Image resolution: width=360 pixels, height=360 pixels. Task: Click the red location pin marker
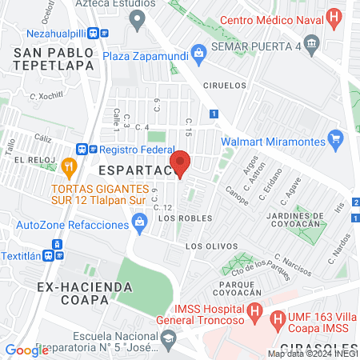tap(181, 163)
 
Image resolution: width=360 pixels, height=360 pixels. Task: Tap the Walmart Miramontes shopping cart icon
tap(336, 141)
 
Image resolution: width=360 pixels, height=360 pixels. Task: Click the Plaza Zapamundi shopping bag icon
tap(198, 50)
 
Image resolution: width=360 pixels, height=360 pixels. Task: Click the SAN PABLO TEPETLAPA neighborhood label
tap(54, 59)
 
